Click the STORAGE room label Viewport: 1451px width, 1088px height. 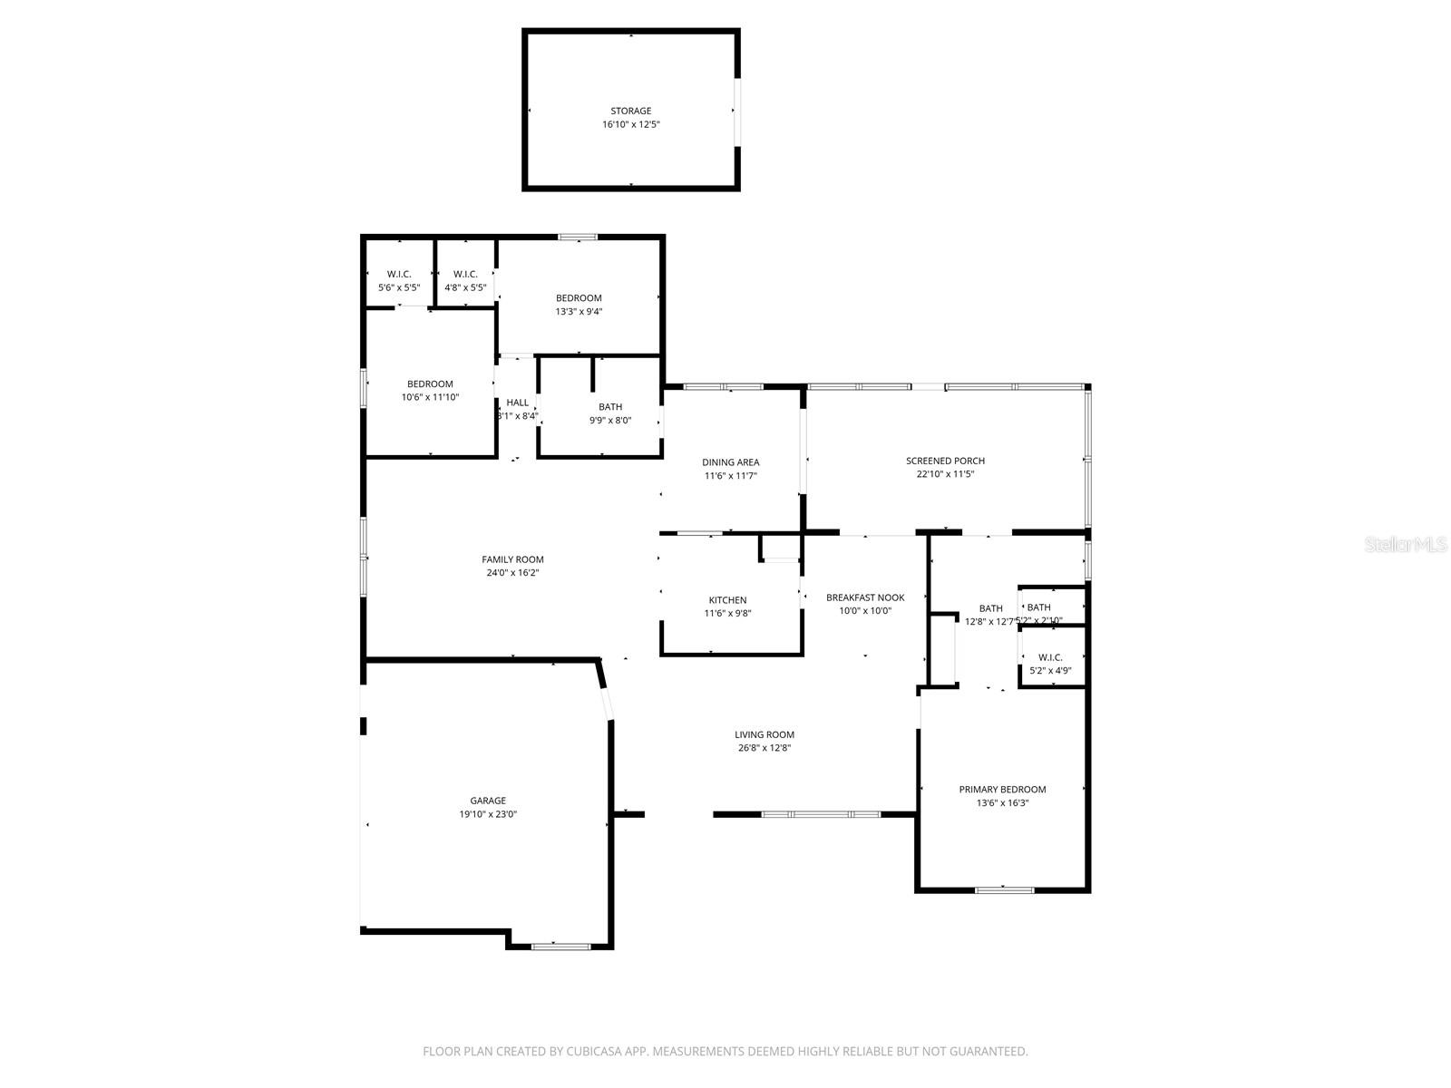tap(630, 111)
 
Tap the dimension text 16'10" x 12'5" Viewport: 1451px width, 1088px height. tap(630, 124)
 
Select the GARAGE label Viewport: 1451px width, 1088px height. tap(488, 801)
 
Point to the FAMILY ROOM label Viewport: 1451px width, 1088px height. tap(512, 559)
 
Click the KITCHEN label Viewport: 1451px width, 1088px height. tap(727, 600)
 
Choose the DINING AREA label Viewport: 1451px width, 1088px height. tap(730, 462)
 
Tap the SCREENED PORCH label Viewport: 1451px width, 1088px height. tap(945, 461)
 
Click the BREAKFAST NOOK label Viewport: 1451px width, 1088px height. tap(865, 597)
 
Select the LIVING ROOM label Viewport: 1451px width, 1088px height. tap(764, 734)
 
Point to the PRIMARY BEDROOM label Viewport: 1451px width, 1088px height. tap(1002, 790)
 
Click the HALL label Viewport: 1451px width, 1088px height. tap(517, 403)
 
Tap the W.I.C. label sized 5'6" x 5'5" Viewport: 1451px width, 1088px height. tap(399, 274)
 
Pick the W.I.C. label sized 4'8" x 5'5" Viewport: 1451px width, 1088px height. tap(465, 274)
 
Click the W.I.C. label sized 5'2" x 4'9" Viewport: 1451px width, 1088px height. tap(1050, 657)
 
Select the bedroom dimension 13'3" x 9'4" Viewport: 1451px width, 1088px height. tap(579, 311)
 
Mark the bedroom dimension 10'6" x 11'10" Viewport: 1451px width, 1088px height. tap(430, 397)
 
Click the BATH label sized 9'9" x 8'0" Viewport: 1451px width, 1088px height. tap(610, 407)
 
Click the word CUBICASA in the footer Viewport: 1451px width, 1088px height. tap(599, 1052)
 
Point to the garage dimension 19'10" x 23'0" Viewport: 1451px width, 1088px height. tap(488, 814)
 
